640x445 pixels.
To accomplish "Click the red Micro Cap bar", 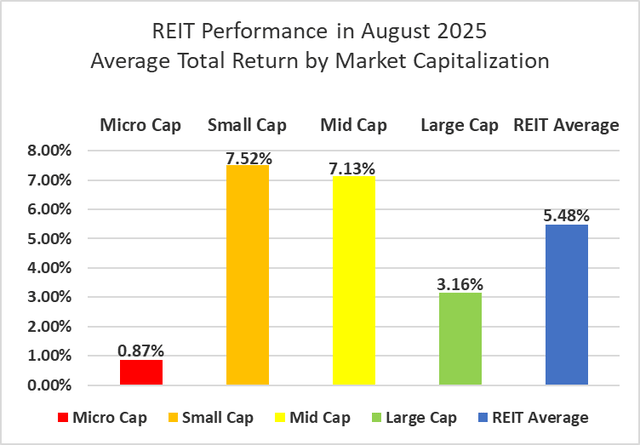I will [141, 372].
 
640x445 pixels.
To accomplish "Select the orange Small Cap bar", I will [247, 275].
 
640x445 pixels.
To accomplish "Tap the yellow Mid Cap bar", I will [353, 281].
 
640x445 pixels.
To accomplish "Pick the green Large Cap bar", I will [460, 339].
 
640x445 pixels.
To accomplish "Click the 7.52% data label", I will [247, 157].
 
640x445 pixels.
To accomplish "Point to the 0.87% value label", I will [141, 351].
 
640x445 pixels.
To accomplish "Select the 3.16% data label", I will [460, 284].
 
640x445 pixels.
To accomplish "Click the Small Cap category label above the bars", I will [247, 125].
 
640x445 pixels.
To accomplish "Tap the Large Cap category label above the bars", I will [460, 125].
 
